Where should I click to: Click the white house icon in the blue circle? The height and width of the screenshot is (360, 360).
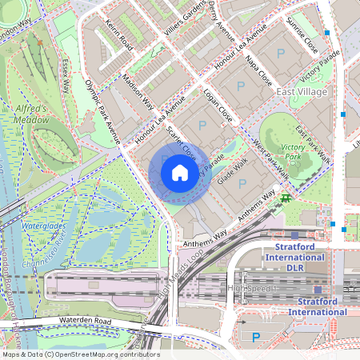pyautogui.click(x=180, y=173)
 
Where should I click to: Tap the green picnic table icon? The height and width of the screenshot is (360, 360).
pyautogui.click(x=286, y=198)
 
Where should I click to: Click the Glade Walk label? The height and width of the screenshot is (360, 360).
pyautogui.click(x=233, y=171)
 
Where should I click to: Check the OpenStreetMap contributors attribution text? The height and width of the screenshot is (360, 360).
pyautogui.click(x=80, y=354)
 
